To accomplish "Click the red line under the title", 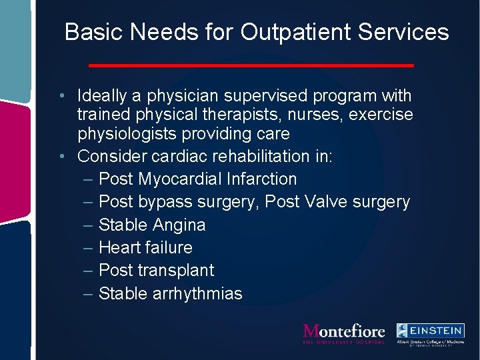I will click(251, 65).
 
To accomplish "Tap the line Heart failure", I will click(145, 247).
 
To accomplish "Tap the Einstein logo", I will click(430, 333).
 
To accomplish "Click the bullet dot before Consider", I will click(61, 156).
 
